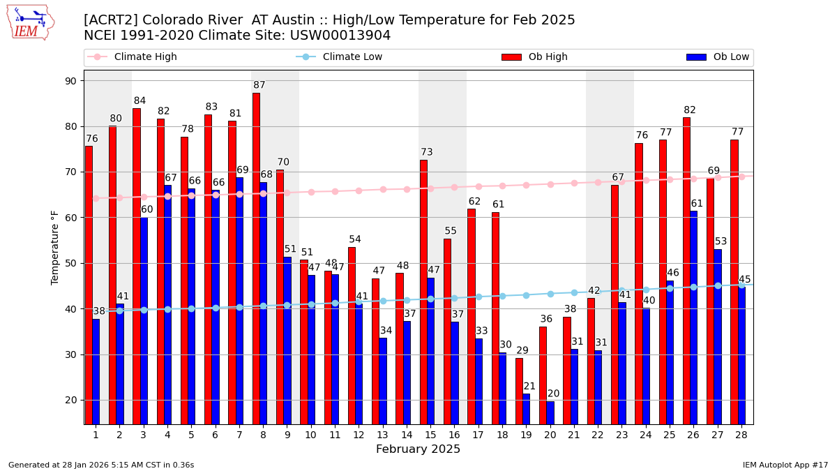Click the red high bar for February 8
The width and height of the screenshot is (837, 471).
coord(256,258)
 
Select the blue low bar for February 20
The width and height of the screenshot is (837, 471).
coord(550,412)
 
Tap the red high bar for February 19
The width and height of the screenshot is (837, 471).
coord(519,391)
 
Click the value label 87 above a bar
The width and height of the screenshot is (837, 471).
coord(259,85)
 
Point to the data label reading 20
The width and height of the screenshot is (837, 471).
coord(553,394)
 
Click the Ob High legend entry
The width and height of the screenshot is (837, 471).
coord(535,57)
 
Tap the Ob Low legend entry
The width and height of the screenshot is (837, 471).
coord(718,57)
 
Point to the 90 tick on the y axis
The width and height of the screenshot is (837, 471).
coord(70,81)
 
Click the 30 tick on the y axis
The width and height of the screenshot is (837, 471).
coord(70,354)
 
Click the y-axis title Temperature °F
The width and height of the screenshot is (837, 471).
coord(55,247)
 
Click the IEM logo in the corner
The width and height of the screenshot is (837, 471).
coord(31,22)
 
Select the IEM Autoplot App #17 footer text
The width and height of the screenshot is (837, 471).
coord(785,465)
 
